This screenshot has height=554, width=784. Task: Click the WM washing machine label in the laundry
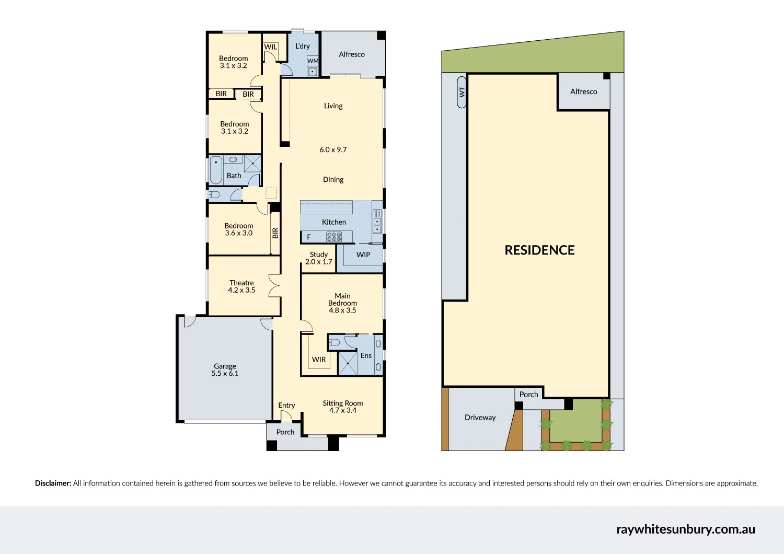[313, 61]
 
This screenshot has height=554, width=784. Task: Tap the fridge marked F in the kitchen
[309, 237]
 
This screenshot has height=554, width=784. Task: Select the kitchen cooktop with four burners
[334, 237]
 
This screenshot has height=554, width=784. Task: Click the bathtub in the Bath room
[216, 170]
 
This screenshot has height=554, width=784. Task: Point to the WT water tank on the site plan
[462, 92]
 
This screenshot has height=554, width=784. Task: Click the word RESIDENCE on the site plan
[539, 250]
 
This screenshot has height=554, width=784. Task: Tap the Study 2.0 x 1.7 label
[319, 258]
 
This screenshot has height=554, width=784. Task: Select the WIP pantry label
[363, 255]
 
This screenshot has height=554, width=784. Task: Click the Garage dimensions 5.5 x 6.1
[225, 374]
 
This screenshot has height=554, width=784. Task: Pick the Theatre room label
[241, 283]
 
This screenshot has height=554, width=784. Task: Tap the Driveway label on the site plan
[480, 418]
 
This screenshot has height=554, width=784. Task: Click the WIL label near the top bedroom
[271, 47]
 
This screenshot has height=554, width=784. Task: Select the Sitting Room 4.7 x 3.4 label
[343, 407]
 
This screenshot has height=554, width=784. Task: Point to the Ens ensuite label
[366, 356]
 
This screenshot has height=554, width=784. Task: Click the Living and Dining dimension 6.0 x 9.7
[333, 150]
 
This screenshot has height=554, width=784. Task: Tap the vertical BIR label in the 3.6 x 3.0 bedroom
[275, 233]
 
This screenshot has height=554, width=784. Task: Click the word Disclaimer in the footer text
[53, 483]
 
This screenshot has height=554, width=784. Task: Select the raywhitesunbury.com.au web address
[686, 529]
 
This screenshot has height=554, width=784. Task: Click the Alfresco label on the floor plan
[352, 54]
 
